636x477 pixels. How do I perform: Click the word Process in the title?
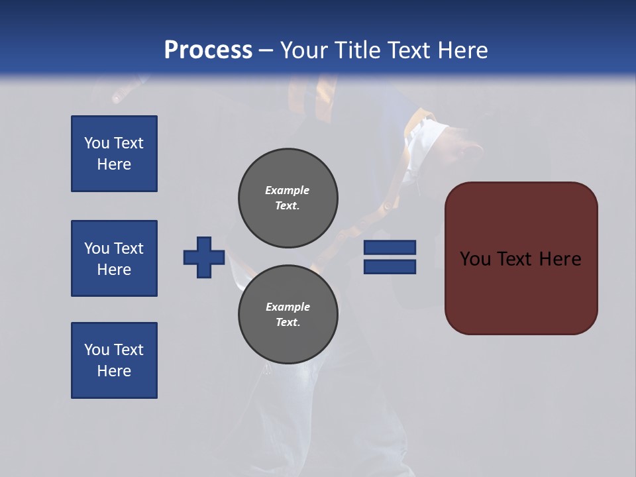(x=208, y=50)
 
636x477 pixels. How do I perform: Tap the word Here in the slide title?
(x=461, y=50)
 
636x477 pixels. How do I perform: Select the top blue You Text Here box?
(x=114, y=154)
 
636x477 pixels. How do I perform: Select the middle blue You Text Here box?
(x=114, y=258)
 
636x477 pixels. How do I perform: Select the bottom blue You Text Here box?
(x=114, y=360)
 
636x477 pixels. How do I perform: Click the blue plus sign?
(x=204, y=257)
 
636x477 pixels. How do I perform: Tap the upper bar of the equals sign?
(x=390, y=247)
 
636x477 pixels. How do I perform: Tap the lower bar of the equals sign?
(x=390, y=266)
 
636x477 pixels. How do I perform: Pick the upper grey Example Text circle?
(x=288, y=197)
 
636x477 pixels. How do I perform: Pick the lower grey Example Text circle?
(x=288, y=315)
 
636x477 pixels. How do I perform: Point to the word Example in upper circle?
(x=288, y=190)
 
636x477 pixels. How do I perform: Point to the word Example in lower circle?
(x=288, y=307)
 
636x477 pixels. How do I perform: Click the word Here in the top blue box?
(x=114, y=164)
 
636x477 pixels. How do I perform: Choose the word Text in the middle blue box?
(x=129, y=248)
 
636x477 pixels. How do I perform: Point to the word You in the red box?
(x=476, y=259)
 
